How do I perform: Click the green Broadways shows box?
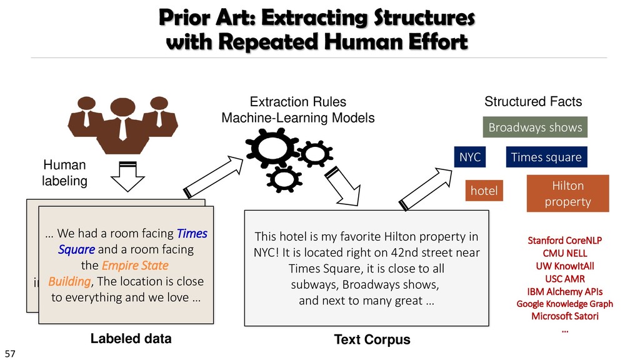coord(535,128)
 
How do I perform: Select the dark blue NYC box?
coord(470,157)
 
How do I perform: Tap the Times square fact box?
coord(546,157)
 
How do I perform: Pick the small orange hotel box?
coord(484,191)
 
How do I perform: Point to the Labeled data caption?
coord(131,339)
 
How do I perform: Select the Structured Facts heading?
coord(533,101)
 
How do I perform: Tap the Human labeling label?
coord(64,172)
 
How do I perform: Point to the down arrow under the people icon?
coord(127,176)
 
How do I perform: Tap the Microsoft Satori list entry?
coord(565,316)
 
